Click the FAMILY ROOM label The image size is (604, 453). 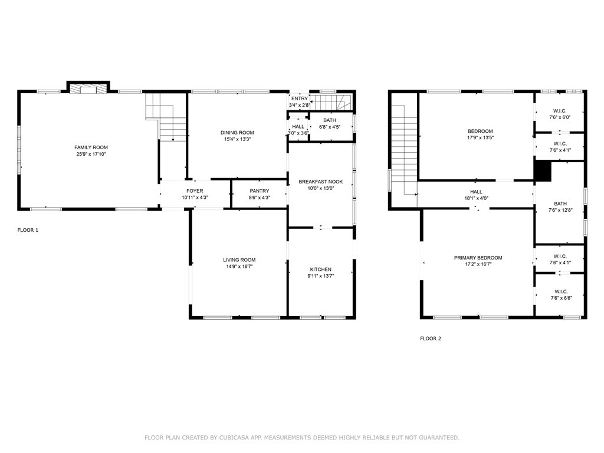coord(91,147)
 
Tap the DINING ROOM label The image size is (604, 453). coord(237,133)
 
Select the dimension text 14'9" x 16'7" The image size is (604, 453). coord(239,267)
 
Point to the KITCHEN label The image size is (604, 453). coord(321,270)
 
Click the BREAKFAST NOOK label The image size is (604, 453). coord(321,182)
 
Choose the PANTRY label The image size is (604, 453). coord(260,191)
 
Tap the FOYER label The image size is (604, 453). coord(195,191)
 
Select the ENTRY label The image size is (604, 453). coord(300,99)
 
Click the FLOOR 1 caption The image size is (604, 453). coord(28,231)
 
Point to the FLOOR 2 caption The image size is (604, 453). coord(431,339)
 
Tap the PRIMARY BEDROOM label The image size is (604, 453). coord(478,258)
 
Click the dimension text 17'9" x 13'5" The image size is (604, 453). coord(480,137)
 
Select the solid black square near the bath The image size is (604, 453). coord(543,171)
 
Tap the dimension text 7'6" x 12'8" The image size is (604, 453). coord(560,211)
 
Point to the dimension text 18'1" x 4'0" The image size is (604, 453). coord(477,198)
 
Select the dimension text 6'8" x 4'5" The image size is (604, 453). coord(330,127)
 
